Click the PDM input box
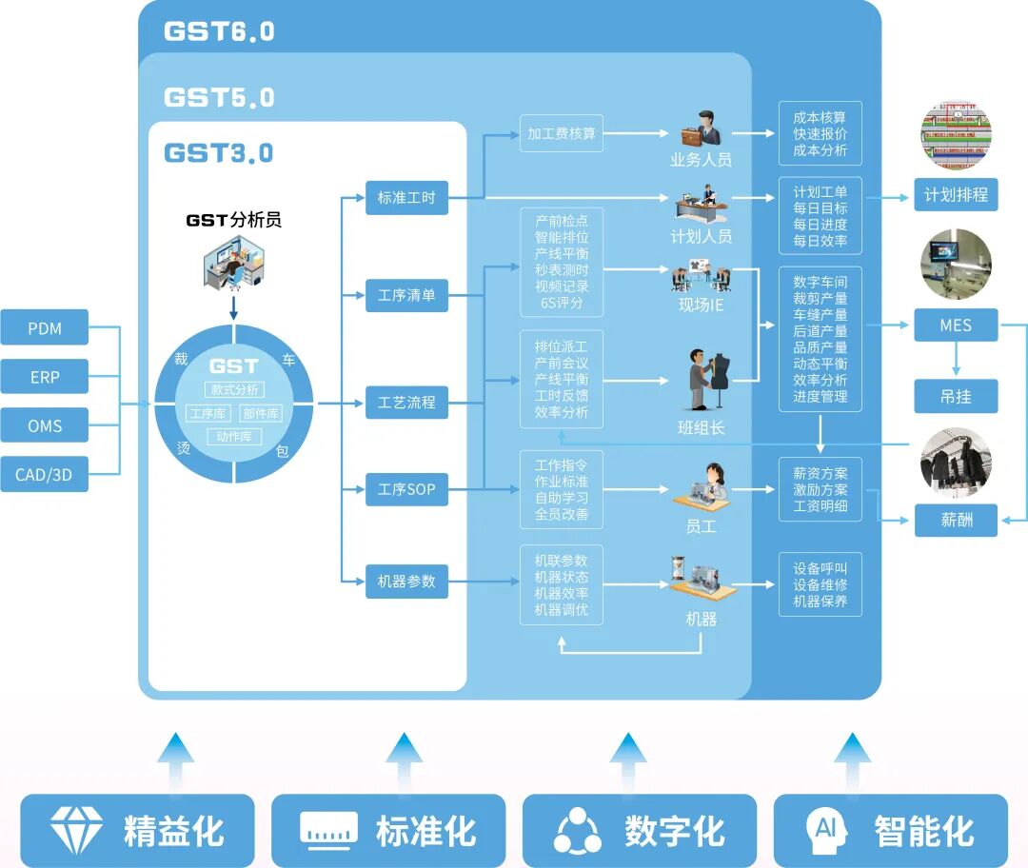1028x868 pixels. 45,328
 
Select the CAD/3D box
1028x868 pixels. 45,474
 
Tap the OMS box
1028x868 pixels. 45,425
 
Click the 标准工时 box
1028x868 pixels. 406,198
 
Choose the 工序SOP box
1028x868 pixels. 406,489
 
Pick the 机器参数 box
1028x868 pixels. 406,581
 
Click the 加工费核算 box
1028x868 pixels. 562,134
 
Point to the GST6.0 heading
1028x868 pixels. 219,31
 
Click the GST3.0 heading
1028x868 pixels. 219,153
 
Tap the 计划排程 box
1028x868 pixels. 956,196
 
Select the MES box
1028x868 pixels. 956,325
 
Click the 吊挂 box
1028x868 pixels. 956,396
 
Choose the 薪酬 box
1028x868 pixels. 956,520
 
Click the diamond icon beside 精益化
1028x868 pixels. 76,830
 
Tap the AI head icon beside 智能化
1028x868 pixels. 824,830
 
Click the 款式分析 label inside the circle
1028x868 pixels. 234,389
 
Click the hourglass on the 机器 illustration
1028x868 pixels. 678,567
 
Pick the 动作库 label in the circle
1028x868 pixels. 234,437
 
